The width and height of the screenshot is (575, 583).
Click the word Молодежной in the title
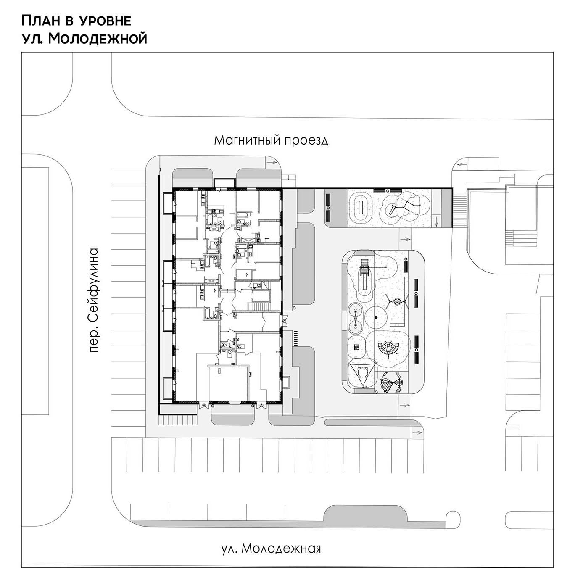tap(98, 38)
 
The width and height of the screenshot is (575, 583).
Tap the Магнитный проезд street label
tap(271, 140)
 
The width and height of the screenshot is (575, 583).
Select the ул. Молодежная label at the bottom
tap(271, 548)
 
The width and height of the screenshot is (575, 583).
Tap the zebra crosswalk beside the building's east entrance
tap(295, 338)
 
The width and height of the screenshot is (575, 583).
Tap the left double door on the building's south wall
tap(204, 406)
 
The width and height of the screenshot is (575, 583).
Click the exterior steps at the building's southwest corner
tap(176, 420)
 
